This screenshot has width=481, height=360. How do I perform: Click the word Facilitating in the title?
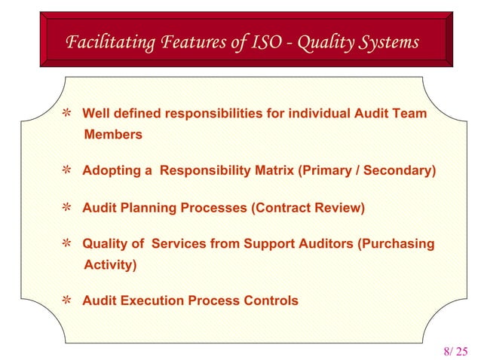(104, 42)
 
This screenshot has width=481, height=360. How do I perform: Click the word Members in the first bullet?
(113, 135)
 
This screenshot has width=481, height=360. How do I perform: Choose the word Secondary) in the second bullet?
(400, 171)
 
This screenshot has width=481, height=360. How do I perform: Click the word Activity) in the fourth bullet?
(110, 265)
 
